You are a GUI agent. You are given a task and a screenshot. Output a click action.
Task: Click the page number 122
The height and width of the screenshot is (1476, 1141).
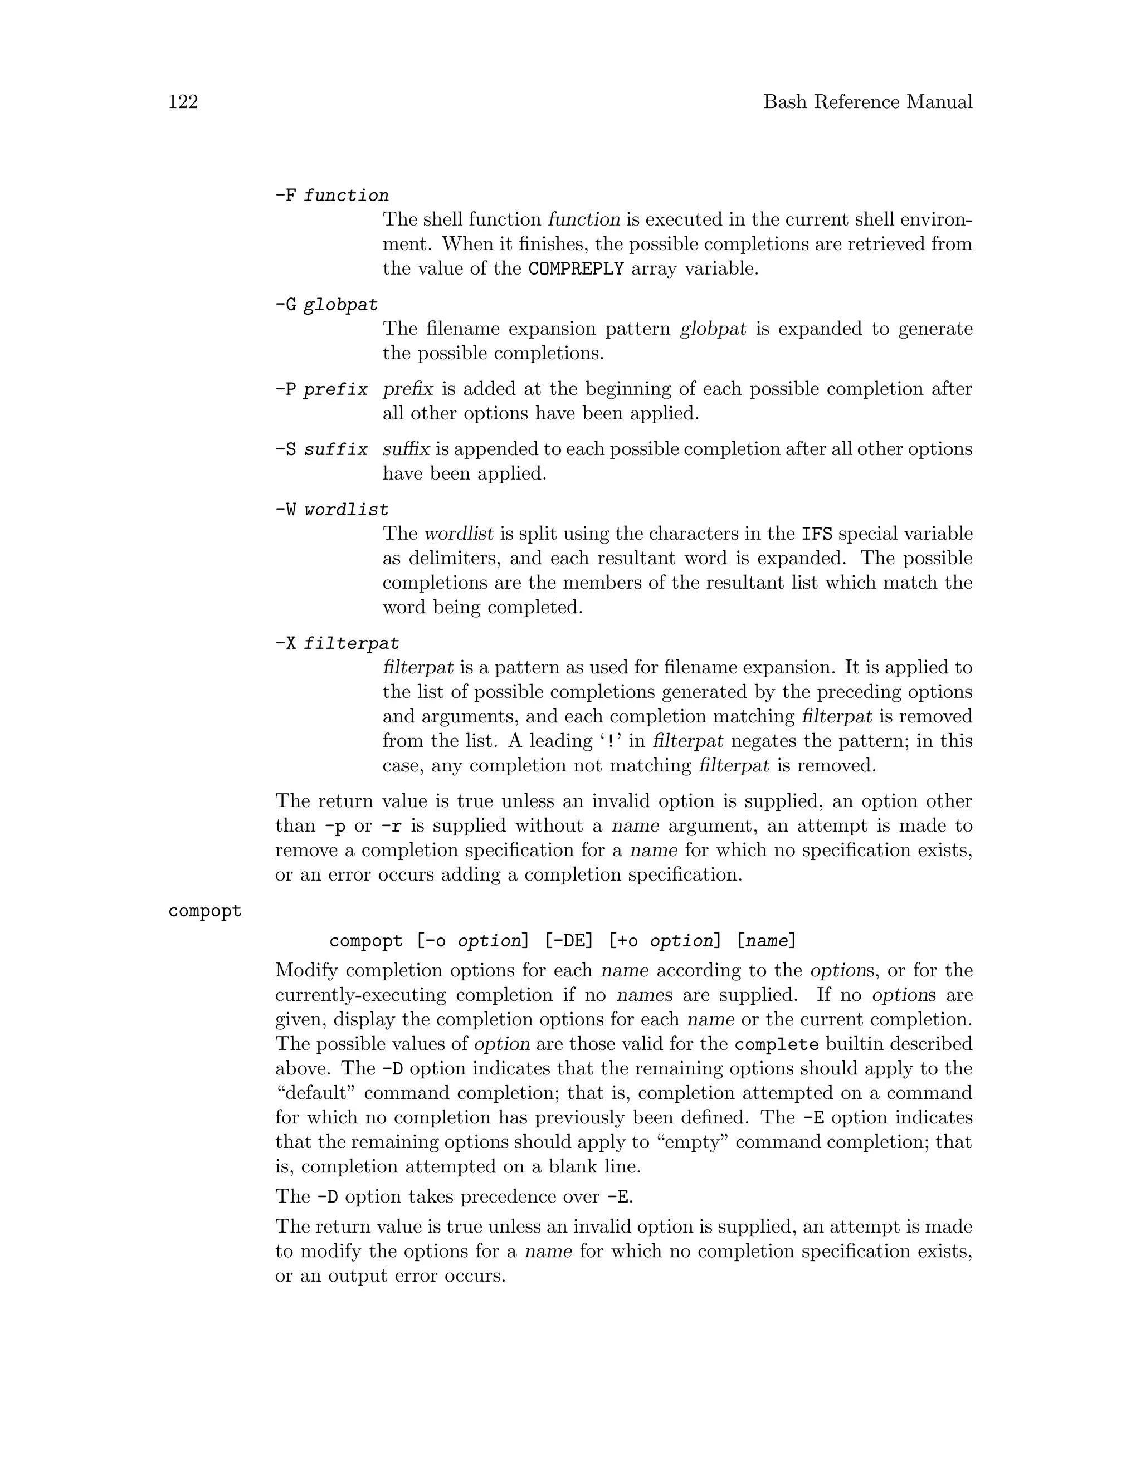[x=183, y=102]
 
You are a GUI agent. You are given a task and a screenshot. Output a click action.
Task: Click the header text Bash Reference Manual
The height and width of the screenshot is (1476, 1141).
[x=867, y=102]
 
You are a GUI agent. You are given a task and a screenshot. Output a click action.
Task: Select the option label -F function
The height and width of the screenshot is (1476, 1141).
[x=331, y=196]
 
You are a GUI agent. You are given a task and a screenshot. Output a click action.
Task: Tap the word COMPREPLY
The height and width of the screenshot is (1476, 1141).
[x=576, y=269]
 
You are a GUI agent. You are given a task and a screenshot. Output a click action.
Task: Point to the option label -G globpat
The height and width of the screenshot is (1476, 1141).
[x=326, y=305]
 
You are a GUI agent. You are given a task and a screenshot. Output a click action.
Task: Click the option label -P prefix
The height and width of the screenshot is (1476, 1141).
[x=321, y=389]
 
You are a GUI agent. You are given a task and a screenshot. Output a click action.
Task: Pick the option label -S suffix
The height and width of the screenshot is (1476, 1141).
[x=321, y=449]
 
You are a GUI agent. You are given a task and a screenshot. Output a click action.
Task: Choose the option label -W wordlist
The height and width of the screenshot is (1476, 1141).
[x=331, y=510]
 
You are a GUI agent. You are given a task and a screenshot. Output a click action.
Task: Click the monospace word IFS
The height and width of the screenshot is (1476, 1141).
[x=817, y=535]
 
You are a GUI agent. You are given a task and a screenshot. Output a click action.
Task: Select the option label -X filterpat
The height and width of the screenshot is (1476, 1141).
[x=337, y=643]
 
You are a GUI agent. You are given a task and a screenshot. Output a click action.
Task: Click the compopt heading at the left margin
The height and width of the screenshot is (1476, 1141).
[x=205, y=911]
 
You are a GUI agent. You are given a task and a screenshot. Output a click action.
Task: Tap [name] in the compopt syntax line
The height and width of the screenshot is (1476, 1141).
[x=766, y=941]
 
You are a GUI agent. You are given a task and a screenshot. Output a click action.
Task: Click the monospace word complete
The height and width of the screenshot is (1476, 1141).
[x=776, y=1044]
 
